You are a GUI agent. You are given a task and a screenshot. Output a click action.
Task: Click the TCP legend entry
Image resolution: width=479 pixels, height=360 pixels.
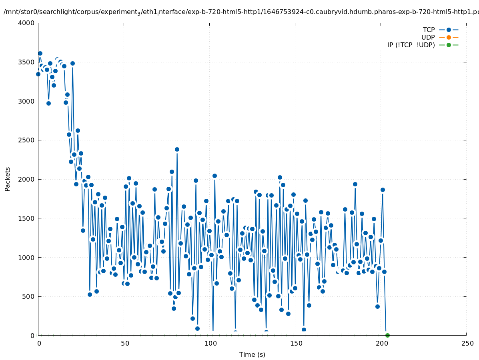[429, 30]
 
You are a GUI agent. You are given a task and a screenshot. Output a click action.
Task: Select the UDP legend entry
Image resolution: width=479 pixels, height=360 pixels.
[428, 37]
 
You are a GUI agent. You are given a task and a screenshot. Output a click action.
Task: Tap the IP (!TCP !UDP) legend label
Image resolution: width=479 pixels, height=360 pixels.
[411, 45]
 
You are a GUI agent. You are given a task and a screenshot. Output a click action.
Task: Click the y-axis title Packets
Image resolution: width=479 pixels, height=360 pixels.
[8, 179]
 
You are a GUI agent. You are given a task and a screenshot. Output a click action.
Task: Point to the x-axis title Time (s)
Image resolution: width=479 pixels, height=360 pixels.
[252, 354]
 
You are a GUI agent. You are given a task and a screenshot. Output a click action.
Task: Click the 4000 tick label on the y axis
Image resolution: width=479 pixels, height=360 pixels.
[27, 23]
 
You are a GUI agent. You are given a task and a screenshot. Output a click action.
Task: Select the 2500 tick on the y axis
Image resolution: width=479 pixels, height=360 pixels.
[27, 140]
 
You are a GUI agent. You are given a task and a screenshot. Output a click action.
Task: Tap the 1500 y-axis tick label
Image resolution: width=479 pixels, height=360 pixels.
[27, 218]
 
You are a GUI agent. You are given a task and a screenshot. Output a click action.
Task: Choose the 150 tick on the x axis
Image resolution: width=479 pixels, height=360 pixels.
[296, 344]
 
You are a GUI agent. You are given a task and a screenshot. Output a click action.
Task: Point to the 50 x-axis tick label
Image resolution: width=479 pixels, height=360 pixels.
[124, 344]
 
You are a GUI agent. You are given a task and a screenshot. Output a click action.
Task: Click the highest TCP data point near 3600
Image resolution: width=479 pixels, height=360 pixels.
[40, 53]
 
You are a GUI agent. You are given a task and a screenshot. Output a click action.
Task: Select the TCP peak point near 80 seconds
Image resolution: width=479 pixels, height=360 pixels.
[177, 149]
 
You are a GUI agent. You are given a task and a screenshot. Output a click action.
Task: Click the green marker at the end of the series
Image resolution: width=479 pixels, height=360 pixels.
[387, 335]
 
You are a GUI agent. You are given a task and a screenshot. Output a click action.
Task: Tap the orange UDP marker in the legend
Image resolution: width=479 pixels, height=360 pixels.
[449, 37]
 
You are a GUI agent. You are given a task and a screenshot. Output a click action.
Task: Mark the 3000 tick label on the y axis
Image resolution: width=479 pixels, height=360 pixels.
[27, 101]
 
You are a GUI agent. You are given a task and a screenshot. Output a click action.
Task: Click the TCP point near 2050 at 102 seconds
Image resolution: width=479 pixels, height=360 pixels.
[214, 176]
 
